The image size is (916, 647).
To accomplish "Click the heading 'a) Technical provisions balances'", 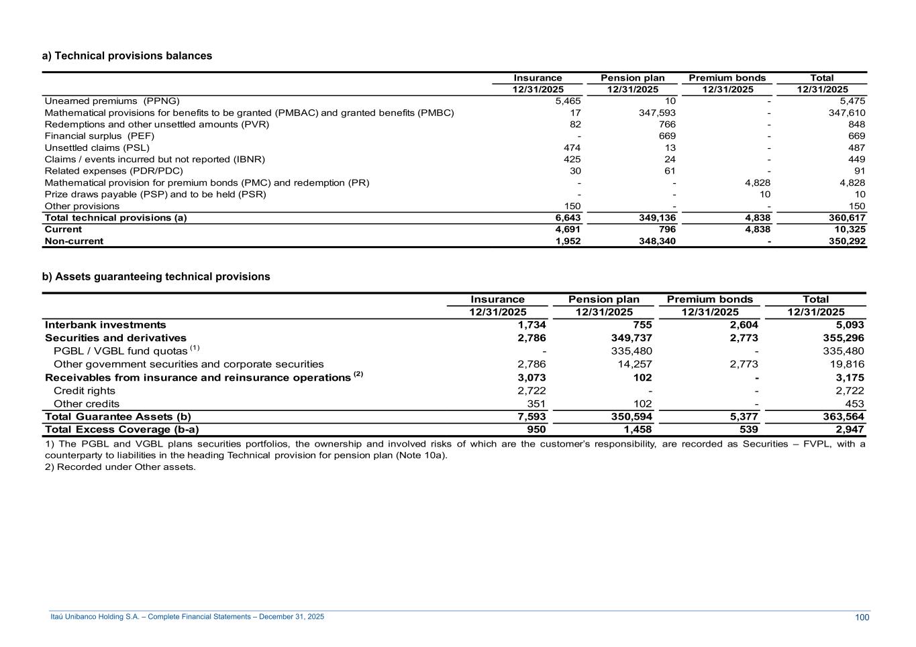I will pos(127,56).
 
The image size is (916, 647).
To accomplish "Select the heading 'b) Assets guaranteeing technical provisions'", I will pos(156,277).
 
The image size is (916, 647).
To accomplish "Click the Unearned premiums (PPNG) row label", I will pos(112,101).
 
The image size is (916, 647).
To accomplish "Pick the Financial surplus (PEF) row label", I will pos(99,136).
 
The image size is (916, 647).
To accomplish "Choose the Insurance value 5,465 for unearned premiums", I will pos(568,101).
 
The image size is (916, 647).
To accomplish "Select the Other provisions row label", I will pos(82,207).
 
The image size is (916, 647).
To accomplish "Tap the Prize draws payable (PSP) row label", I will pos(155,194).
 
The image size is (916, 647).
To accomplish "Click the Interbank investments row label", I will pos(105,325).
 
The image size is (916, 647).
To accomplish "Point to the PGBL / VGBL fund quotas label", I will pos(121,351).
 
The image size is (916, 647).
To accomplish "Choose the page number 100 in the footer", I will pos(862,617).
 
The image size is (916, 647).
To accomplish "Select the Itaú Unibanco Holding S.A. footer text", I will pos(187,617).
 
